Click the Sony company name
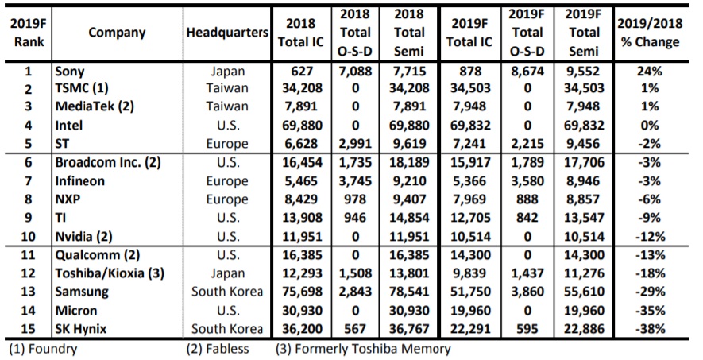click(70, 72)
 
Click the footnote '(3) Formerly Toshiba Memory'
click(363, 348)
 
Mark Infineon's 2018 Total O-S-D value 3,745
click(354, 181)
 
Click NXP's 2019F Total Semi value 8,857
click(584, 199)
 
